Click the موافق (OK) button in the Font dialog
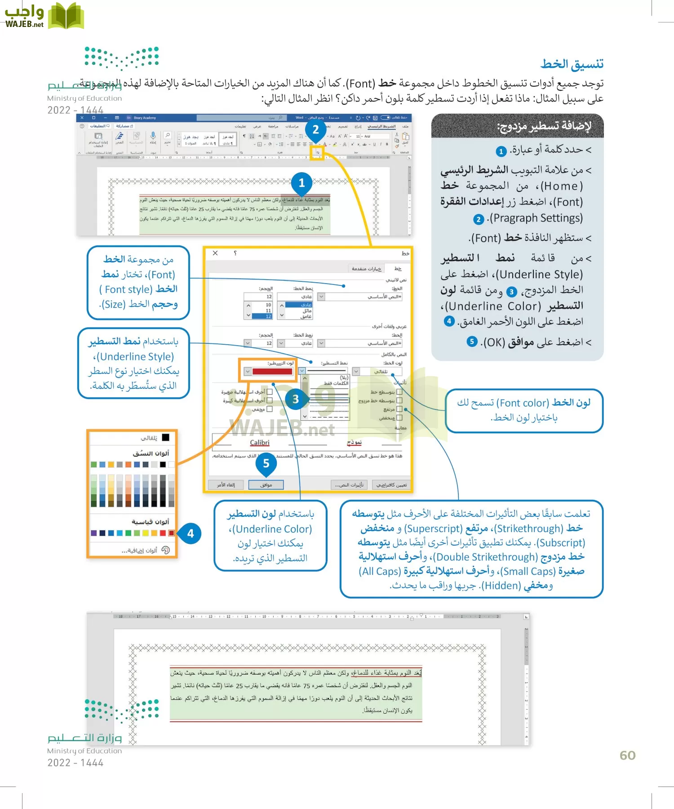click(266, 485)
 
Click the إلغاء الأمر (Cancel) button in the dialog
click(226, 485)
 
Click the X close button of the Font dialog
click(215, 253)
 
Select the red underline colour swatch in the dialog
click(272, 371)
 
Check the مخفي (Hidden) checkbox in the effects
click(270, 409)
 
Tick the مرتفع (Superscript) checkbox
click(399, 409)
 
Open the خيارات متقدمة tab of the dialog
click(367, 269)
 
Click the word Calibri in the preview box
click(260, 443)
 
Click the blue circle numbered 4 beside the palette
click(191, 533)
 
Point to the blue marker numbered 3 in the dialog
click(295, 399)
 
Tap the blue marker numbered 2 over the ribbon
click(315, 130)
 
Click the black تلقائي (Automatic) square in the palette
click(166, 437)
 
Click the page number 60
click(627, 755)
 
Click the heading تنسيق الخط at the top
click(572, 64)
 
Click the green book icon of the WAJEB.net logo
click(66, 16)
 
